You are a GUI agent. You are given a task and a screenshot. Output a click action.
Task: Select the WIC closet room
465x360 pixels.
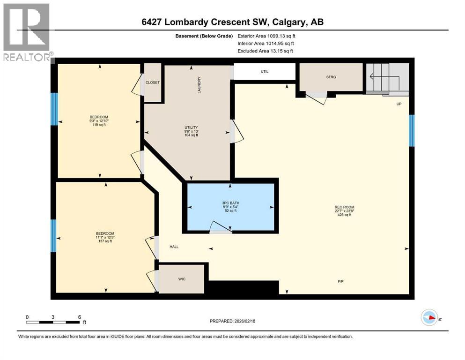tap(182, 278)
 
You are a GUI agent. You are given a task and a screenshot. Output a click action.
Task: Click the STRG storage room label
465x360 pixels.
tap(332, 77)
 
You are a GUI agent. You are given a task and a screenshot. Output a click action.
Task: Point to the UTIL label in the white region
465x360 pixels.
tap(265, 72)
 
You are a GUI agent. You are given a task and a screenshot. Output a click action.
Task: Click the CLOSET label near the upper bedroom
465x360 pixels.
tap(153, 82)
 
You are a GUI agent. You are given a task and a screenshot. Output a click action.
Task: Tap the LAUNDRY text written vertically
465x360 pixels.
tap(199, 85)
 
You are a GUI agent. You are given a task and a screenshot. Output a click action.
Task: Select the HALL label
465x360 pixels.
tap(174, 247)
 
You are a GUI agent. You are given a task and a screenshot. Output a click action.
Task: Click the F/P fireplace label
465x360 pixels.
tap(341, 282)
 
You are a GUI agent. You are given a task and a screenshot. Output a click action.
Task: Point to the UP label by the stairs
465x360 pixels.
tap(399, 104)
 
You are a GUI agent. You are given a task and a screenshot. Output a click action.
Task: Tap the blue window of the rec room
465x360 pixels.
tap(412, 131)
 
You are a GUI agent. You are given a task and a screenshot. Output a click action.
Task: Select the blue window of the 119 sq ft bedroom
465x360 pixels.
tap(54, 109)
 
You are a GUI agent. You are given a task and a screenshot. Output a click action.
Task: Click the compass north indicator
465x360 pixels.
tap(429, 318)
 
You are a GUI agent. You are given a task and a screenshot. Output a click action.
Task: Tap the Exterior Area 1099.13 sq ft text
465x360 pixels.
tap(266, 36)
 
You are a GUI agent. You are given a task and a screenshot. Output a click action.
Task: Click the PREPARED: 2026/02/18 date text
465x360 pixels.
tap(233, 321)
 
